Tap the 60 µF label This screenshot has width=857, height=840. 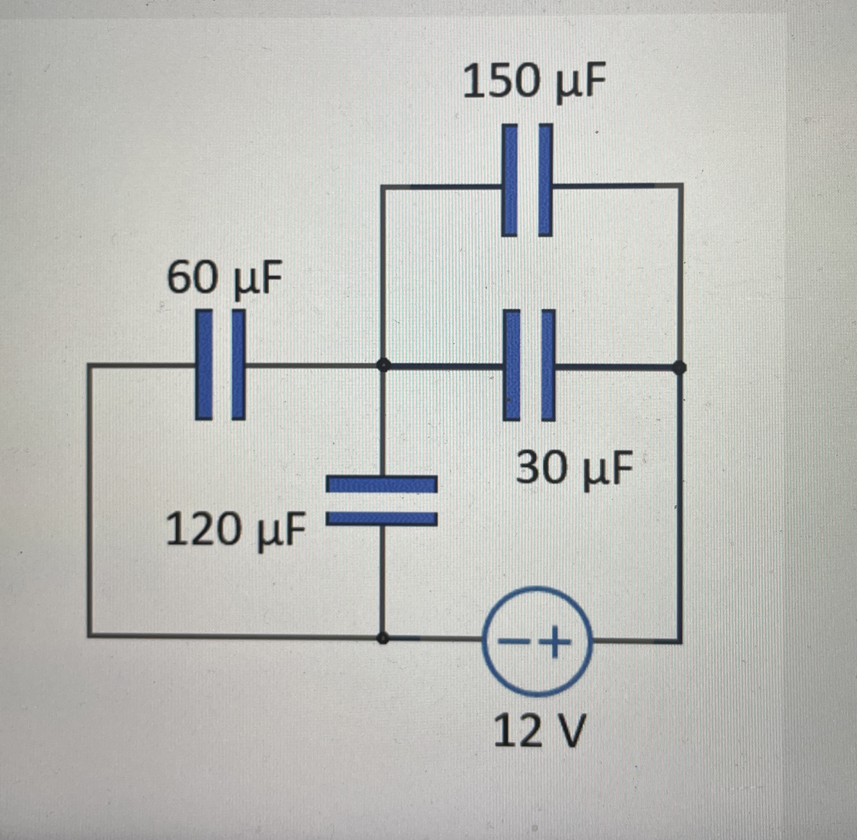tap(224, 280)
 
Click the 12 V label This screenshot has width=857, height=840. tap(539, 731)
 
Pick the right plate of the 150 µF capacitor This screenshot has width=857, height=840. tap(545, 180)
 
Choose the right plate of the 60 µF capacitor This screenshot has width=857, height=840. tap(238, 364)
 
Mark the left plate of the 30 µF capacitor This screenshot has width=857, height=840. tap(512, 365)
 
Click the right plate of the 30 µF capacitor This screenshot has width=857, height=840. tap(548, 365)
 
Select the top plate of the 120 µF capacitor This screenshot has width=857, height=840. tap(382, 484)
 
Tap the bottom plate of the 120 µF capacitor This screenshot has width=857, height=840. tap(382, 518)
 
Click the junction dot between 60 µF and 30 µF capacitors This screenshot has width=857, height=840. tap(383, 366)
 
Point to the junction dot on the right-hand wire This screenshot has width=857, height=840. tap(680, 367)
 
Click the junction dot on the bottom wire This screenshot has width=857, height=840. tap(383, 638)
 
